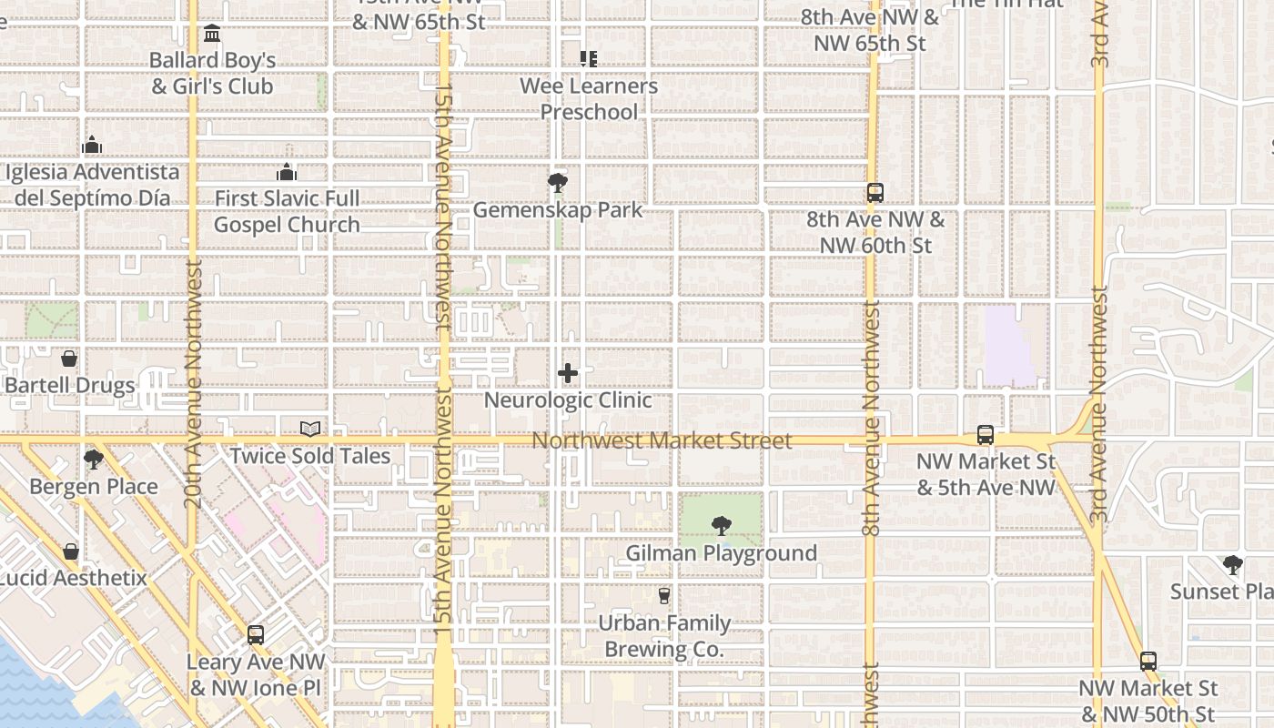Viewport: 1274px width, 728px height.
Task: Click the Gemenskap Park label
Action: pyautogui.click(x=558, y=210)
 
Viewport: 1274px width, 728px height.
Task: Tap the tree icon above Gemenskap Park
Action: pyautogui.click(x=558, y=183)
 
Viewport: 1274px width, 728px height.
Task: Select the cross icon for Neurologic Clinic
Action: pyautogui.click(x=568, y=373)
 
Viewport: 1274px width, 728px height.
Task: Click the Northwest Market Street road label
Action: pyautogui.click(x=662, y=440)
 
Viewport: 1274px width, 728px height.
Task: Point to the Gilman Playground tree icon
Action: pyautogui.click(x=721, y=525)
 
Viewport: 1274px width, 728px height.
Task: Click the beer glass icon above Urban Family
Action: pyautogui.click(x=664, y=596)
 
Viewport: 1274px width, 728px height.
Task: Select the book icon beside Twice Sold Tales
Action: pyautogui.click(x=310, y=429)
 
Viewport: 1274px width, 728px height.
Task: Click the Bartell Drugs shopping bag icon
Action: pyautogui.click(x=69, y=359)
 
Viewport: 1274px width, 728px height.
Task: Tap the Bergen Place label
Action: pyautogui.click(x=94, y=487)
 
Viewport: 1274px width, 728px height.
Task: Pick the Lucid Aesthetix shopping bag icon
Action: pyautogui.click(x=71, y=551)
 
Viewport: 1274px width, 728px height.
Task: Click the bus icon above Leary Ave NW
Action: pyautogui.click(x=256, y=635)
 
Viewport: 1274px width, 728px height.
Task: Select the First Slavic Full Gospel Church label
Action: pyautogui.click(x=287, y=211)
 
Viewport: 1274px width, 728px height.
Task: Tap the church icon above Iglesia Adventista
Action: pyautogui.click(x=92, y=146)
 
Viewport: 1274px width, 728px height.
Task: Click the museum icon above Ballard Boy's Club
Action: pyautogui.click(x=213, y=34)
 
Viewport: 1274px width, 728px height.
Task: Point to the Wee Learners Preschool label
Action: pyautogui.click(x=589, y=98)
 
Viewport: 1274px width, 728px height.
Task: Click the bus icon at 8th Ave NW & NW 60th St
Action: pyautogui.click(x=875, y=193)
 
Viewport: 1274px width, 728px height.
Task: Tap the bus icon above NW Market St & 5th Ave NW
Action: pyautogui.click(x=986, y=435)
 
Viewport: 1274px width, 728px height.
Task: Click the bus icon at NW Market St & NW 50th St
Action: pyautogui.click(x=1148, y=662)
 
